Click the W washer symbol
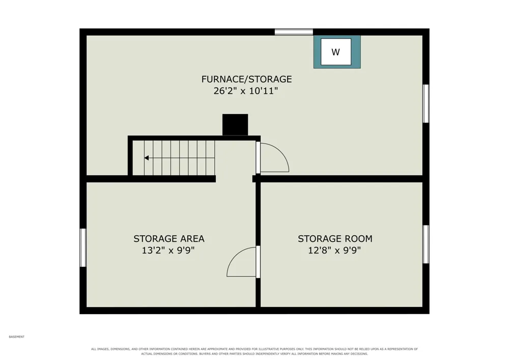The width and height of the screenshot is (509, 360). [336, 52]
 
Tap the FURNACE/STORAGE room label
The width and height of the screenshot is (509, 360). [246, 79]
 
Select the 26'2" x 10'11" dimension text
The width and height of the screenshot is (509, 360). [246, 91]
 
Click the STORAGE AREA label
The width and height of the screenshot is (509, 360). [169, 239]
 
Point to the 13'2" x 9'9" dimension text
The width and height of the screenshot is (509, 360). [168, 251]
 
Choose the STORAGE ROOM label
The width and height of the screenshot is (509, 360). [335, 239]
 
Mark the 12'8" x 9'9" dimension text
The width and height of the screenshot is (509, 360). [334, 251]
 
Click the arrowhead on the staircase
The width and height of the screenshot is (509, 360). [147, 158]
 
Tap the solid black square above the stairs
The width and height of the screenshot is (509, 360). [235, 125]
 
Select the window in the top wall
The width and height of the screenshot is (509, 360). [294, 32]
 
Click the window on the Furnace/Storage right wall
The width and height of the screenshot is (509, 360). [426, 103]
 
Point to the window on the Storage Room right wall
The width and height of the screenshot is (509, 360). [426, 244]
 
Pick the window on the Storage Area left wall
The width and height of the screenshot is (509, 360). [83, 247]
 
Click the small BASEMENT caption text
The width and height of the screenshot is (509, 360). [17, 337]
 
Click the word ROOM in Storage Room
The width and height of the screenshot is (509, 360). [359, 239]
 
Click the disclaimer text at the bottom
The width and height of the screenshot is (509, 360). [254, 351]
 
